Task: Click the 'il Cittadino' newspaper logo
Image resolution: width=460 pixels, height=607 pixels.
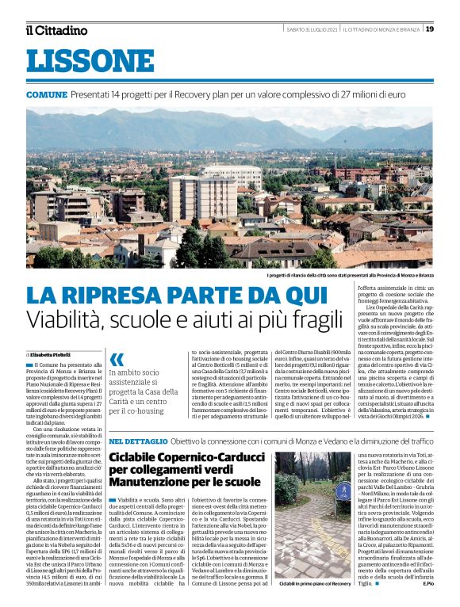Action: point(56,30)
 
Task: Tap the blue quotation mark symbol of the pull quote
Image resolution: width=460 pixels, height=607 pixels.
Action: point(117,359)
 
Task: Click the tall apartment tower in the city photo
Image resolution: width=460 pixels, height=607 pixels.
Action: point(190,197)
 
